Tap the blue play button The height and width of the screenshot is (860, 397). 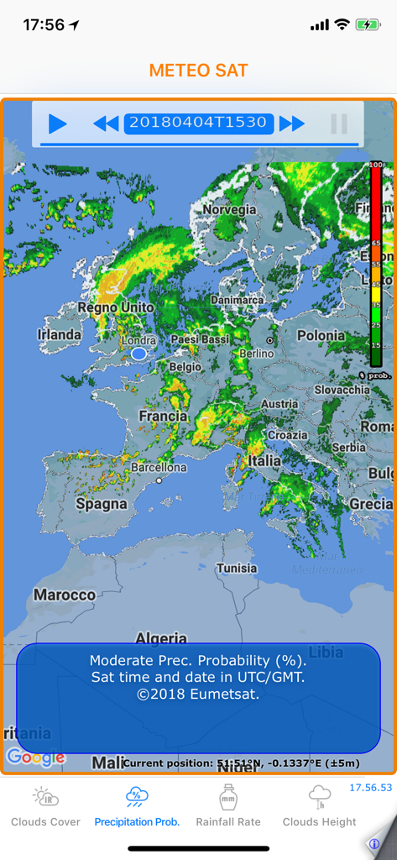tap(57, 124)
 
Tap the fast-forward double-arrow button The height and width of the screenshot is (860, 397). tap(291, 124)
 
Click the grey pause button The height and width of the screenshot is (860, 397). tap(339, 124)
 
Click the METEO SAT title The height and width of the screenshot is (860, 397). tap(199, 71)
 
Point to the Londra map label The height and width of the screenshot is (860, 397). tap(138, 341)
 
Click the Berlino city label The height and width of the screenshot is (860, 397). tap(256, 354)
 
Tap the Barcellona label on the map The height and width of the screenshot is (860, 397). tap(159, 467)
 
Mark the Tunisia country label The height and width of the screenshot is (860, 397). tap(237, 569)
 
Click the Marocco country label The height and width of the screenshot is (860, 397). tap(65, 595)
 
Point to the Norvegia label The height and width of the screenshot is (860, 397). tap(229, 209)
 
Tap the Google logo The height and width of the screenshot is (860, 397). tap(35, 758)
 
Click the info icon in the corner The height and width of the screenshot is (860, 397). tap(374, 843)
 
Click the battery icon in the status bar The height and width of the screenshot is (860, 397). tap(368, 25)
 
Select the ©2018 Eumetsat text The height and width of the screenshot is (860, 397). tap(198, 695)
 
